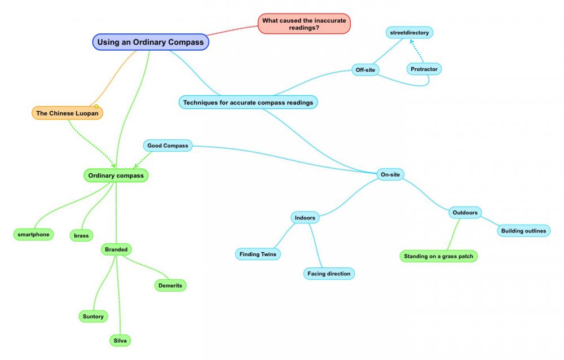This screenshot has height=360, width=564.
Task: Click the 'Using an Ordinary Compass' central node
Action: (150, 42)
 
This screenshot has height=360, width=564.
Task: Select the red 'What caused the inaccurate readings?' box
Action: (304, 24)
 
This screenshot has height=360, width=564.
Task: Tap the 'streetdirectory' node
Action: (409, 33)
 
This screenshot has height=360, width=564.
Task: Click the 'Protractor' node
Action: (424, 69)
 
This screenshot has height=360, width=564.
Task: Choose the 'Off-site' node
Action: (365, 70)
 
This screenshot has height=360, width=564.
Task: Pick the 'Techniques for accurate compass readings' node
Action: (248, 102)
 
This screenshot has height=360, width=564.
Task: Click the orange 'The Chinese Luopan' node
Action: (67, 113)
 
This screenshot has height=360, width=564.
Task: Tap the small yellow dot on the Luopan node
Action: (96, 106)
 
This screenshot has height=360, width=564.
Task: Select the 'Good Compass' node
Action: (168, 146)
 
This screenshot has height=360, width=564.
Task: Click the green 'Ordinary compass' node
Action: (116, 175)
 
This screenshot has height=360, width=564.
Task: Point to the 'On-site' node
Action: (390, 175)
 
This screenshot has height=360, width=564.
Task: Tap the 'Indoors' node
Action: (305, 217)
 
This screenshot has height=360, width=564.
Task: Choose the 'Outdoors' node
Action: (465, 213)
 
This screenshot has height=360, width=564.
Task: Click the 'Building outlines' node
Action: (523, 231)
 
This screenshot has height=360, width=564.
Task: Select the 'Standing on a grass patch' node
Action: (439, 256)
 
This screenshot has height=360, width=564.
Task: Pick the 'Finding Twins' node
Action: (257, 254)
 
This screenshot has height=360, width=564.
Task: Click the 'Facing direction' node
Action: (329, 274)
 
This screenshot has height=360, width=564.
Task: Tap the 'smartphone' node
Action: (33, 234)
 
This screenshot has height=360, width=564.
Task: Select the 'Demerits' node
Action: (170, 286)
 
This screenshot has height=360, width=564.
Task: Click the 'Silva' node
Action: (121, 340)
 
